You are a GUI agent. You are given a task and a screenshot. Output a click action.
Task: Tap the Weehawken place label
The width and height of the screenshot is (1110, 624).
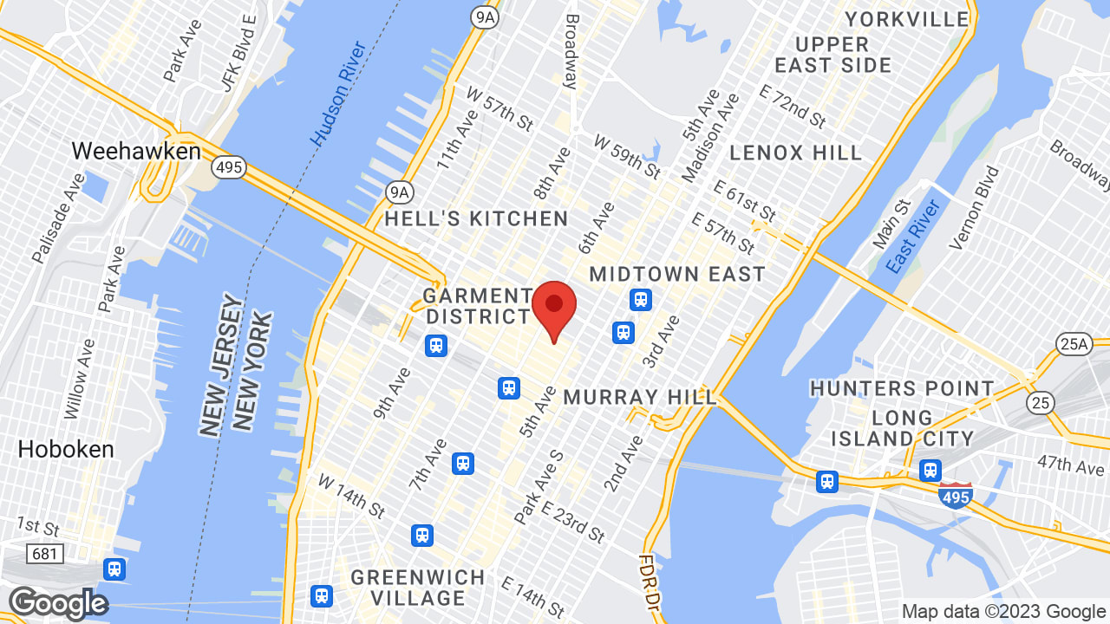point(136,151)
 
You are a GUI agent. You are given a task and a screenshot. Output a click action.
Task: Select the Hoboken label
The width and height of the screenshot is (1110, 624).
point(66,449)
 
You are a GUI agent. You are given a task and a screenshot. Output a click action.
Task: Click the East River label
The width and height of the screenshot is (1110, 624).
point(915,237)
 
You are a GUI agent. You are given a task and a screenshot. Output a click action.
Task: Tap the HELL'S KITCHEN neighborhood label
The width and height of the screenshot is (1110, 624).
point(476,218)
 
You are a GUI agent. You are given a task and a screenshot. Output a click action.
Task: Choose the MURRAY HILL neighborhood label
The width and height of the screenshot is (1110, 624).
point(641,397)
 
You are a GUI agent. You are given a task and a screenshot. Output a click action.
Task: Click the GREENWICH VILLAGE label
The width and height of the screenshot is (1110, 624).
point(419,588)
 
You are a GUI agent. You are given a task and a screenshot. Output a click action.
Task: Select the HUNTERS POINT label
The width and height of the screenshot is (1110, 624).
point(902,388)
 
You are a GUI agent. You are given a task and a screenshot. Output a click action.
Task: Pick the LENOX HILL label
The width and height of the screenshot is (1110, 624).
point(796,153)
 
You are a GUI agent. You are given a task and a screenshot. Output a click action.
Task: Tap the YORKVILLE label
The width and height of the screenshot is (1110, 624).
point(907,19)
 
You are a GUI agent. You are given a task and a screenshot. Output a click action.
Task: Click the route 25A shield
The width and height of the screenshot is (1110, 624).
point(1074,344)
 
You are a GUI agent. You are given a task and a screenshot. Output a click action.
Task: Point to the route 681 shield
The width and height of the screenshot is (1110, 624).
point(44,553)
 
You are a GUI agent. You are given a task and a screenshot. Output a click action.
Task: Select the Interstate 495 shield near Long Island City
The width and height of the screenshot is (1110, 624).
point(954,497)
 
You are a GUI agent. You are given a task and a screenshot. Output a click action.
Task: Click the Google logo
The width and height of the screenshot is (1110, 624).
point(58,603)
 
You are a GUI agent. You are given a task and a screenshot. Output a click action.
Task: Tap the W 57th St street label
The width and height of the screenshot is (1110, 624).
point(499,108)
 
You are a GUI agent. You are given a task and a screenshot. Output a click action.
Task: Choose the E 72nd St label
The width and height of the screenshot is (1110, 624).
point(793,107)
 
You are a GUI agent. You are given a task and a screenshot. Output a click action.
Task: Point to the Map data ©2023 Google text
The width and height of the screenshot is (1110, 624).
point(1003,612)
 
